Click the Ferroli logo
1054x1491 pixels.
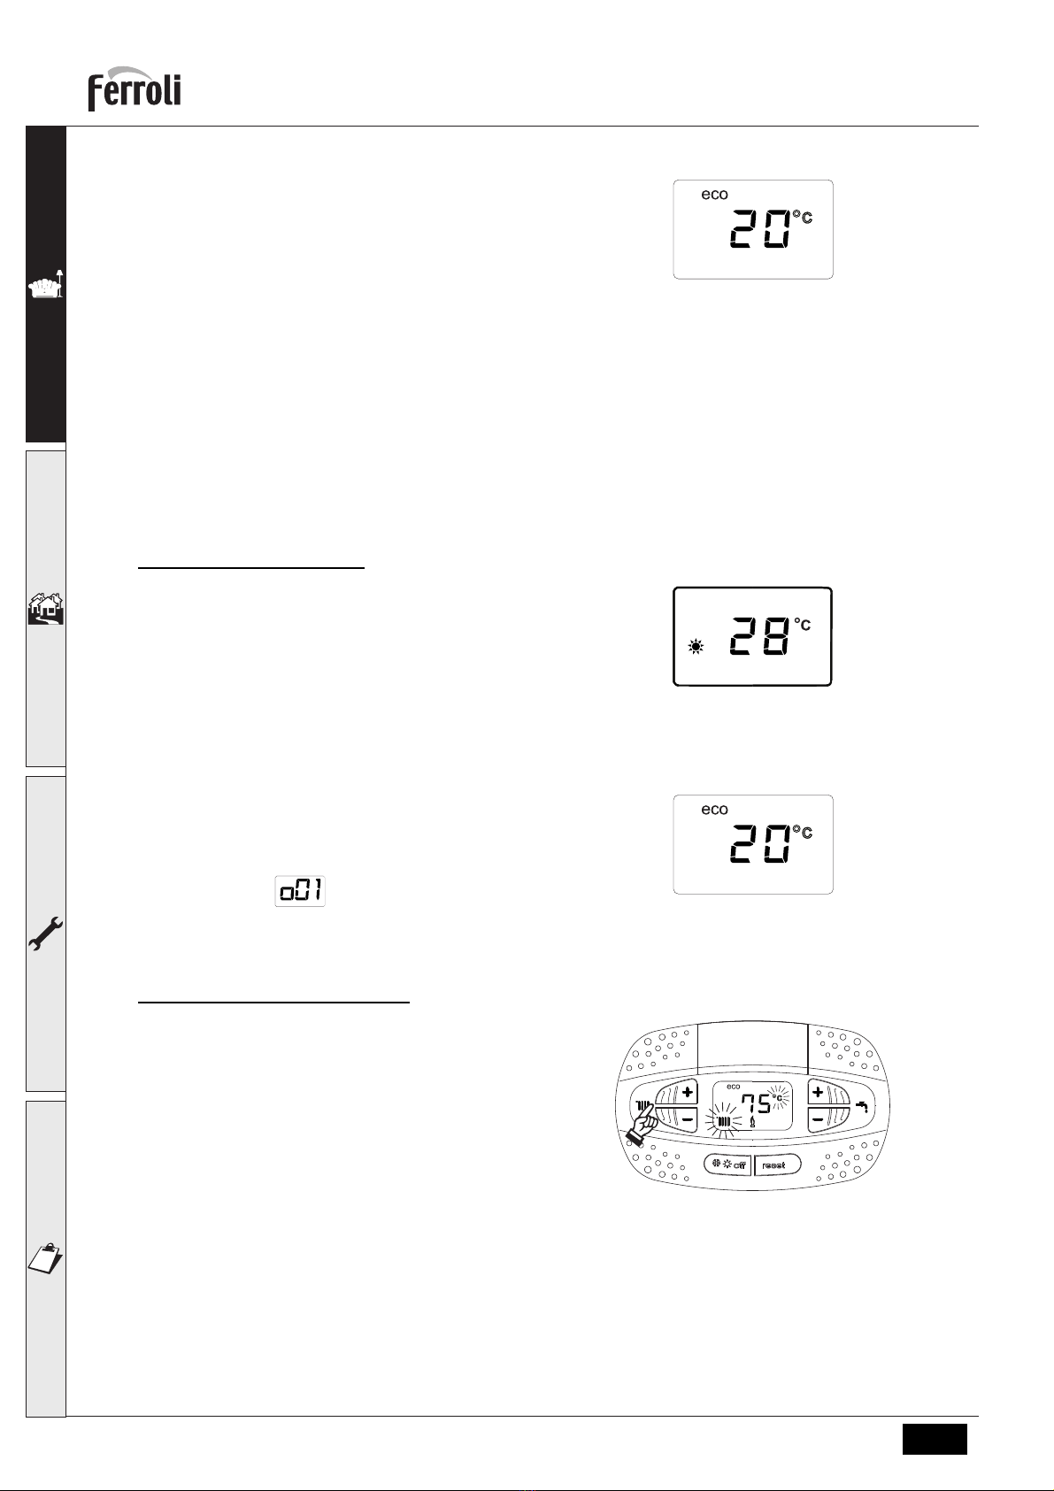coord(135,88)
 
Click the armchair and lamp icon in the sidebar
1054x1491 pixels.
coord(46,284)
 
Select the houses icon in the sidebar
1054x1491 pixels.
coord(46,609)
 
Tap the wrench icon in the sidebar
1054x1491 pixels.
coord(46,934)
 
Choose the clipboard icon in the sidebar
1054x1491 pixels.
coord(45,1257)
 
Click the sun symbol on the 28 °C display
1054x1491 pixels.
coord(696,646)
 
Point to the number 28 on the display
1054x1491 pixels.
coord(759,635)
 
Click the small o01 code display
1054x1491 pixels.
coord(300,890)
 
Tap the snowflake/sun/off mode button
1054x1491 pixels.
coord(728,1164)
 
